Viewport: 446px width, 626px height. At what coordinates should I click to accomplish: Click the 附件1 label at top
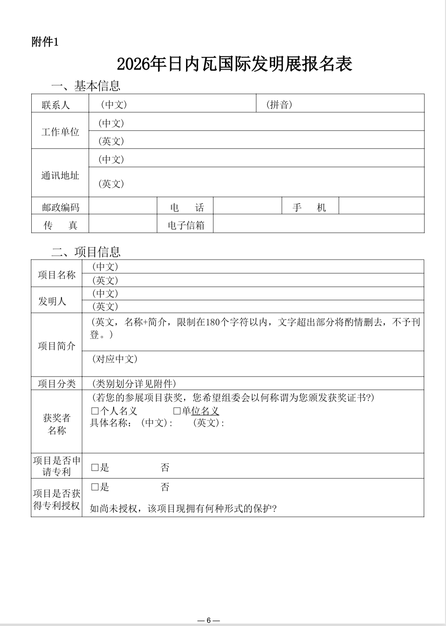[45, 42]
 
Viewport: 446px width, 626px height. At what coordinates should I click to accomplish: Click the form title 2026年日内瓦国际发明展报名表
[234, 64]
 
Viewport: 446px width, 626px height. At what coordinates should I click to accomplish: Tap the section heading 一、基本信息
[86, 86]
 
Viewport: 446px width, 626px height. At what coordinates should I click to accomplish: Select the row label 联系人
[56, 105]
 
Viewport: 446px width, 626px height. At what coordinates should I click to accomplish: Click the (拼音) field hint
[279, 105]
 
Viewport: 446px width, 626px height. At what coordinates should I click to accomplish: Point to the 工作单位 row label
[60, 132]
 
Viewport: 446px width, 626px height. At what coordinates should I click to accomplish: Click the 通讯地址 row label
[60, 175]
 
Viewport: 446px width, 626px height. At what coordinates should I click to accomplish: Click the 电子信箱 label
[186, 225]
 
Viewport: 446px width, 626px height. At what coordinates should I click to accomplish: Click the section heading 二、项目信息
[86, 252]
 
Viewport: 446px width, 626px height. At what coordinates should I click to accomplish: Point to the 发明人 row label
[52, 301]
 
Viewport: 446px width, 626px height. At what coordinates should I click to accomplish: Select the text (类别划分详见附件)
[134, 383]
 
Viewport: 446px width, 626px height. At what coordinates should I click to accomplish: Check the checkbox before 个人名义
[95, 411]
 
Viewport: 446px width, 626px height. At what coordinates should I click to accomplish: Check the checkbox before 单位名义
[177, 411]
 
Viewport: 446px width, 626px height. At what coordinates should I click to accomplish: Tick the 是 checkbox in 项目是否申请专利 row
[95, 468]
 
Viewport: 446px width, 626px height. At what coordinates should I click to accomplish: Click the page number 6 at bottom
[208, 620]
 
